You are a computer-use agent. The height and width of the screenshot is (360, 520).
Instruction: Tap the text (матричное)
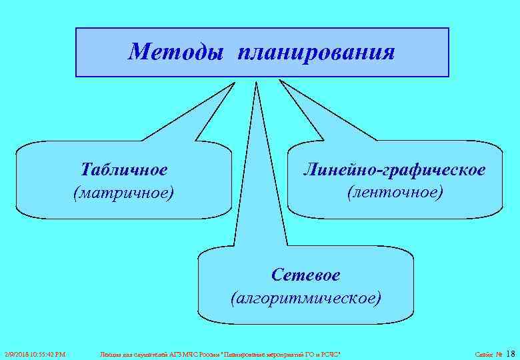click(123, 193)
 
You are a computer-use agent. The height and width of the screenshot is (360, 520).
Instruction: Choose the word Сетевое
click(306, 275)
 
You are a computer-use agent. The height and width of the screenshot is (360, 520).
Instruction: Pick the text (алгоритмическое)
click(306, 297)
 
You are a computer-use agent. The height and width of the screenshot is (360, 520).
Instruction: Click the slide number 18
click(511, 353)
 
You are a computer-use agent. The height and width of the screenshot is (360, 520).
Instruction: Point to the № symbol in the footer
click(499, 354)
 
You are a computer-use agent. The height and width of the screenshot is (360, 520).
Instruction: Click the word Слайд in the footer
click(483, 354)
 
